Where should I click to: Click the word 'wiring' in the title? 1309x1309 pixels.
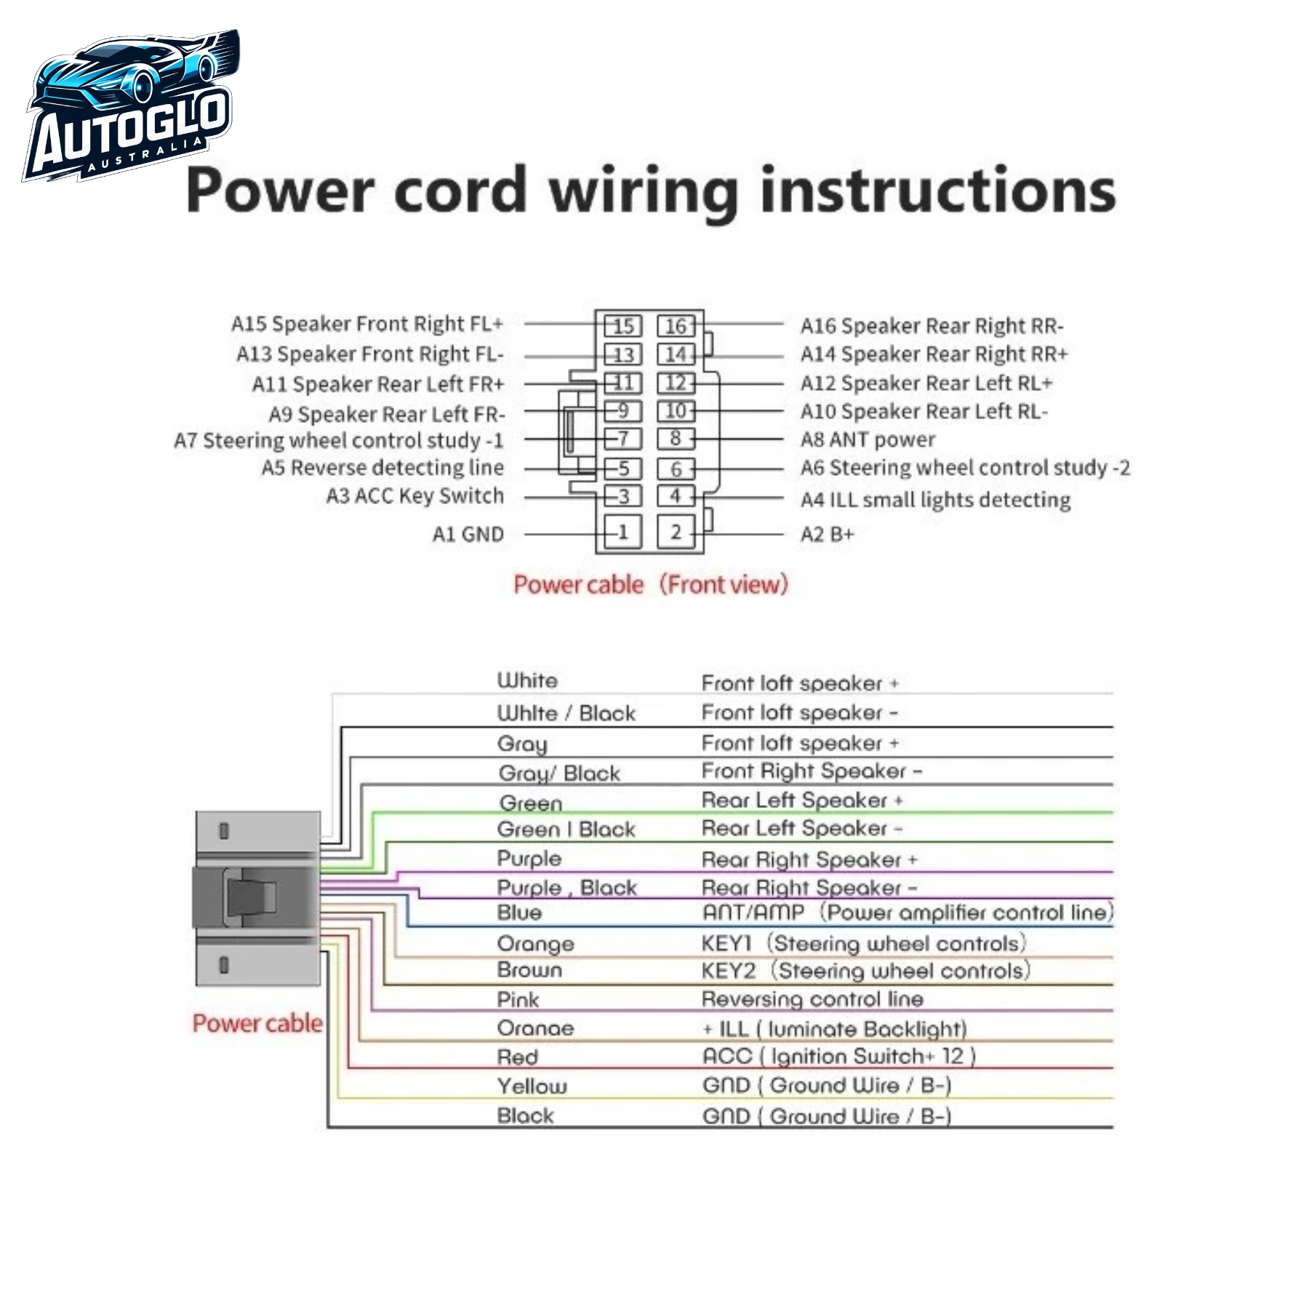(x=643, y=191)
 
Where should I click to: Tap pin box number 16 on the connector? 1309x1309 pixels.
(x=676, y=327)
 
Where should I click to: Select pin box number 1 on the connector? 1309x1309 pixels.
(x=623, y=532)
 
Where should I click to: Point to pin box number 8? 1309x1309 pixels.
(x=676, y=439)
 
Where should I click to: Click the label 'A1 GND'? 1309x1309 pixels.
(x=468, y=535)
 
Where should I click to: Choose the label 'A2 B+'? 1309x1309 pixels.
(x=827, y=535)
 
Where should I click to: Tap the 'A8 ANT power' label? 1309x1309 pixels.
(x=868, y=439)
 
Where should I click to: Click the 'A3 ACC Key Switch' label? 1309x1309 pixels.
(x=415, y=496)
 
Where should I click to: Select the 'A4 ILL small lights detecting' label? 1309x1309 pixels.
(x=935, y=500)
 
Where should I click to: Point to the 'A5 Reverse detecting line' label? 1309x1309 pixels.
(x=383, y=468)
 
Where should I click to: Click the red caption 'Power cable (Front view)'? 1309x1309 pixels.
(x=651, y=585)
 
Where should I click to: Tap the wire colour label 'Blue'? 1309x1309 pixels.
(x=519, y=913)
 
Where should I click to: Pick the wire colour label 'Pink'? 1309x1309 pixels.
(x=518, y=1000)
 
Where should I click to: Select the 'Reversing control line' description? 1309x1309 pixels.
(x=812, y=999)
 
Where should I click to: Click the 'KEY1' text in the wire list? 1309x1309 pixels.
(x=726, y=944)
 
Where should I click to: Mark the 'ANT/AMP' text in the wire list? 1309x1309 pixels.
(x=753, y=913)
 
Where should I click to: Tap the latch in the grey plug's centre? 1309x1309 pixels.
(x=252, y=897)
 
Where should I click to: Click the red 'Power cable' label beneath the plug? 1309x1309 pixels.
(x=257, y=1023)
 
